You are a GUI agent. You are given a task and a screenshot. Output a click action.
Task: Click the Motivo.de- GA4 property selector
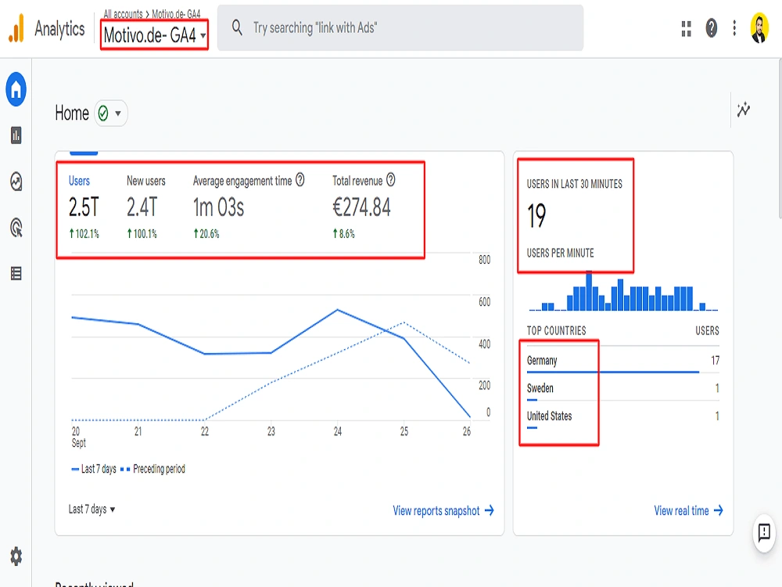click(x=155, y=35)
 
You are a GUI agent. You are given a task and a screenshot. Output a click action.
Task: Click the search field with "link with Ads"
click(x=399, y=28)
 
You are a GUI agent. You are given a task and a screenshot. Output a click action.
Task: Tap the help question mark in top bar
click(x=711, y=28)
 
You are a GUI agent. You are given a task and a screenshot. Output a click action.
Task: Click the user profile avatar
click(x=759, y=28)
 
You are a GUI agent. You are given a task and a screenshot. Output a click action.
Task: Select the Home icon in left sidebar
click(x=16, y=90)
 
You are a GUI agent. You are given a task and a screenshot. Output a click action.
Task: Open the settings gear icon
click(x=16, y=556)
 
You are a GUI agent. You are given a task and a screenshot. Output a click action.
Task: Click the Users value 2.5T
click(x=84, y=207)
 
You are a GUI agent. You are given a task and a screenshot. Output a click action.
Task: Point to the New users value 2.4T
click(x=142, y=207)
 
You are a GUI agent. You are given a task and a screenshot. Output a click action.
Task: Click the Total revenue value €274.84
click(x=361, y=207)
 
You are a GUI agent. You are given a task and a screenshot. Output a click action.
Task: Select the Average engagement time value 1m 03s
click(x=219, y=207)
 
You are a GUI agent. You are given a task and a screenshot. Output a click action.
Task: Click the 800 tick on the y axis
click(x=484, y=260)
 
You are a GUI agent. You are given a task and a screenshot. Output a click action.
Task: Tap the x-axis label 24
click(x=337, y=431)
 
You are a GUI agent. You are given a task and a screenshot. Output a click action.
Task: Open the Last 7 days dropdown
click(x=91, y=510)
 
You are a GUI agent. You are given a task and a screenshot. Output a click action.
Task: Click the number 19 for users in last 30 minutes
click(x=536, y=216)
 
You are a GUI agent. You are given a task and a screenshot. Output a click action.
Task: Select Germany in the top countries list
click(x=542, y=361)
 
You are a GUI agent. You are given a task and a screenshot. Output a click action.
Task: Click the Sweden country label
click(x=540, y=388)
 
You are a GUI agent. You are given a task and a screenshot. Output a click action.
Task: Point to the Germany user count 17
click(x=715, y=361)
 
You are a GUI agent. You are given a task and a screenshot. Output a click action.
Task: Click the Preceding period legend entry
click(x=159, y=470)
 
